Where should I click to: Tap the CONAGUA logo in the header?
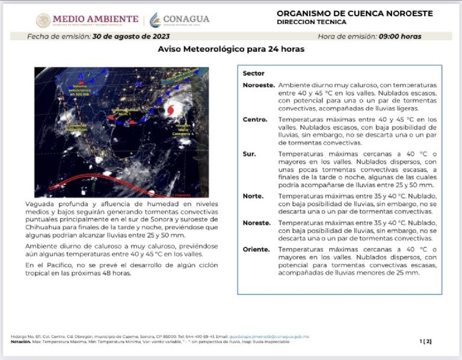[x=180, y=19]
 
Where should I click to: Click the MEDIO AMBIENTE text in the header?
[x=96, y=19]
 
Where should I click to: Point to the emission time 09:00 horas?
[x=400, y=36]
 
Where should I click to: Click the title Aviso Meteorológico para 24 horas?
[x=231, y=49]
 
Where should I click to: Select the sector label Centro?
[x=255, y=119]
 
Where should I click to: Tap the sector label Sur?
[x=249, y=154]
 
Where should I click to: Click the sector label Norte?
[x=253, y=196]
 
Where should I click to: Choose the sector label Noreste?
[x=256, y=222]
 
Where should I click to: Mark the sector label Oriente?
[x=256, y=249]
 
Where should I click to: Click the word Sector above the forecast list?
[x=253, y=73]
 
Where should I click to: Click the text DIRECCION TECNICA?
[x=312, y=22]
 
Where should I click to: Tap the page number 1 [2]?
[x=425, y=341]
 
